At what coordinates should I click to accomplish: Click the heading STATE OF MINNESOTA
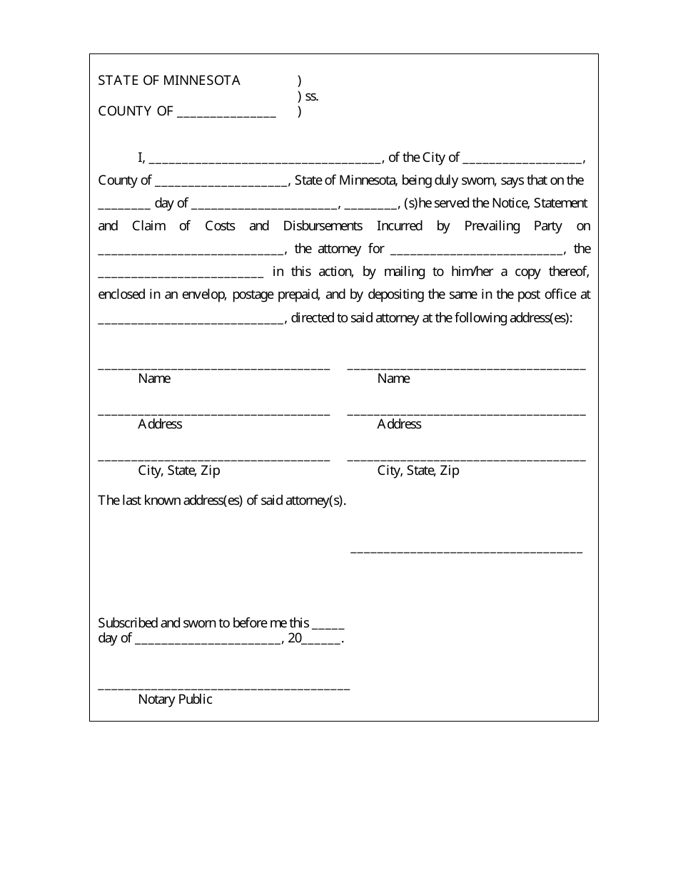tap(169, 81)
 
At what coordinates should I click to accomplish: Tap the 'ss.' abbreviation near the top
tap(311, 96)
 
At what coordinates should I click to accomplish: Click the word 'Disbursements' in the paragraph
tap(323, 226)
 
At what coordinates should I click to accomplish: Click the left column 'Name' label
tap(154, 379)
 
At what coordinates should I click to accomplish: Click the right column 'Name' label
tap(393, 379)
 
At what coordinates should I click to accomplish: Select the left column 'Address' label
tap(160, 424)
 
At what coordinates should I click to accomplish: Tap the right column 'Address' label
tap(399, 424)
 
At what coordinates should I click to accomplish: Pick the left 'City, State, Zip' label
tap(179, 471)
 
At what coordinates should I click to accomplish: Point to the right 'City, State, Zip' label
tap(418, 471)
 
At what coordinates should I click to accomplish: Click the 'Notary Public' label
tap(175, 699)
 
